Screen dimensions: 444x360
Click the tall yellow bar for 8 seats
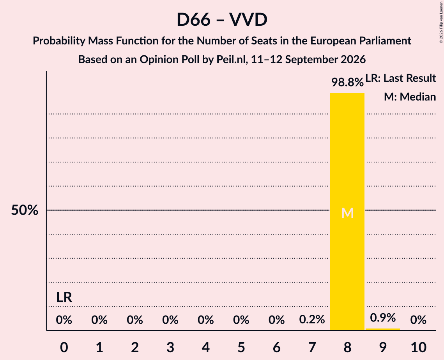(x=347, y=212)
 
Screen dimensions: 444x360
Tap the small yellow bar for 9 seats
(x=383, y=329)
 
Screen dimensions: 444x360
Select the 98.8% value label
(x=347, y=82)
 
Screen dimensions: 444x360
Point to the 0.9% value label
(x=383, y=318)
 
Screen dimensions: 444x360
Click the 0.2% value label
(x=312, y=319)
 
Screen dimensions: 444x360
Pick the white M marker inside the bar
(x=347, y=213)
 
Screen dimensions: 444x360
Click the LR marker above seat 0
(x=64, y=297)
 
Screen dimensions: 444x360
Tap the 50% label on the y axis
(x=25, y=210)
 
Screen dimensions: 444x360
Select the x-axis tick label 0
(x=64, y=347)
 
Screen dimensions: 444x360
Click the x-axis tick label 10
(x=418, y=347)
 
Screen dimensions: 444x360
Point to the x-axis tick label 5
(x=241, y=347)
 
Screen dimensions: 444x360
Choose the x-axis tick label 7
(x=312, y=347)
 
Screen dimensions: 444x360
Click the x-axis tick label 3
(x=170, y=347)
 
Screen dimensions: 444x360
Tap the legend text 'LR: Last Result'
(x=401, y=78)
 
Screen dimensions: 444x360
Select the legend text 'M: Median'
(x=410, y=97)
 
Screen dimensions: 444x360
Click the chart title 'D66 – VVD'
(x=222, y=19)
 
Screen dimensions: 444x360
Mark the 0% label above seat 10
(x=418, y=319)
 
